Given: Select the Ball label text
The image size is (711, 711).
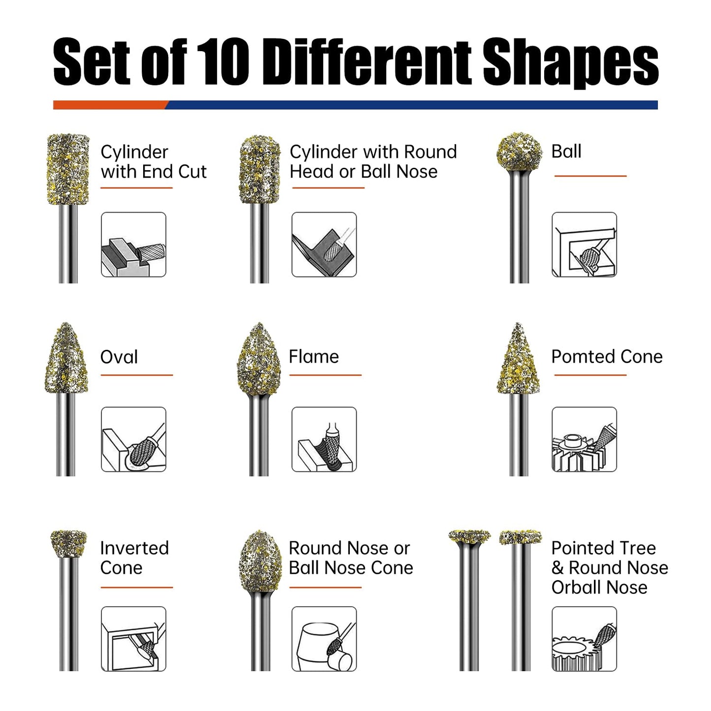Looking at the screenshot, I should [566, 151].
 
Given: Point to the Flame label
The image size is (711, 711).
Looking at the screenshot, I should [313, 357].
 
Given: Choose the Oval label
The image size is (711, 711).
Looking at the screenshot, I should [119, 357].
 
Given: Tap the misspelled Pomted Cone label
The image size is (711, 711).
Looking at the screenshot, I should [606, 357].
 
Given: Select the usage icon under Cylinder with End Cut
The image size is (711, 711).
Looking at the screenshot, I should [133, 245].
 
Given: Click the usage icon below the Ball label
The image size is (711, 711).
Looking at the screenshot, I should [584, 245].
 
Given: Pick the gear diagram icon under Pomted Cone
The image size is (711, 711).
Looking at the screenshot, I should [584, 439].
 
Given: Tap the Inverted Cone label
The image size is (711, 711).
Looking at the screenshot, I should [134, 558].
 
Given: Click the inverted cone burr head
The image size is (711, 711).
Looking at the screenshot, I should [68, 543].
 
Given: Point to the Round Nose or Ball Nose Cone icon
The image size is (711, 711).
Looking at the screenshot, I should [324, 639].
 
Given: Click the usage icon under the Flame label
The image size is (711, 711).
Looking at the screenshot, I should [324, 439].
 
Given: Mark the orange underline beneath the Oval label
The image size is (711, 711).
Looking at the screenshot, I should [137, 375].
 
